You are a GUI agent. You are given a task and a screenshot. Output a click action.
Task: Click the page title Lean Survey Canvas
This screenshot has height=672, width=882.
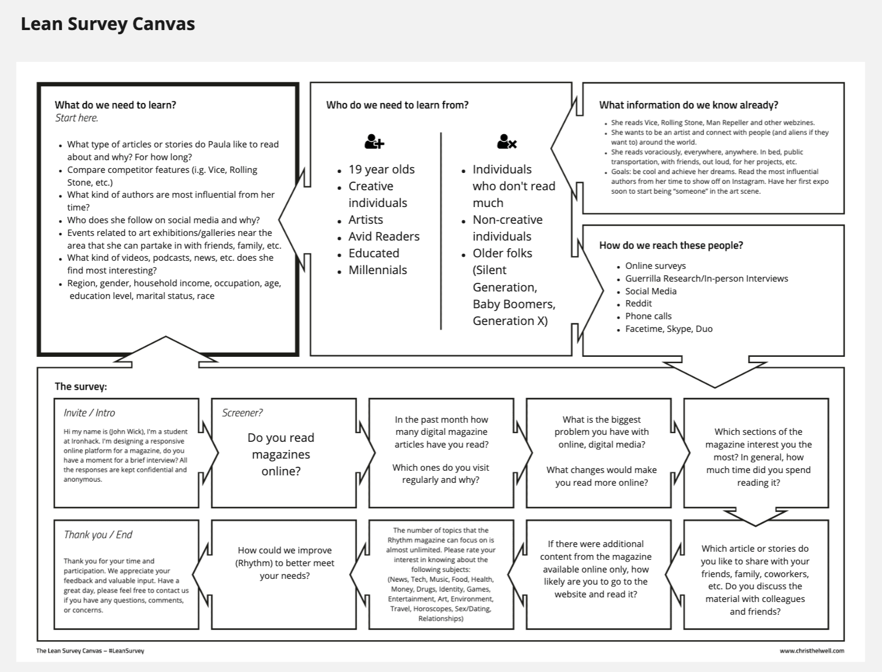coord(108,24)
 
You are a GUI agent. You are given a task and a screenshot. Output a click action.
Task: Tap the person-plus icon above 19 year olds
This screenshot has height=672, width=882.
coord(375,142)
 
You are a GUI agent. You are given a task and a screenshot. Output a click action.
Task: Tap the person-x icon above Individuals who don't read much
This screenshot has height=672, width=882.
coord(506,142)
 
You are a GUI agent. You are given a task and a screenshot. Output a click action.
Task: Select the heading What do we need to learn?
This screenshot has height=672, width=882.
coord(115,105)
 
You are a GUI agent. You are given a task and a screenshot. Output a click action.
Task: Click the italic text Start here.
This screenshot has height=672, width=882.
coord(76,118)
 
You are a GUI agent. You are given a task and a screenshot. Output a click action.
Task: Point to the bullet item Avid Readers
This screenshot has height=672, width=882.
coord(384,237)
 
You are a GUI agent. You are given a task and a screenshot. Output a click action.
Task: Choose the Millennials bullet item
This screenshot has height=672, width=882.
coord(377,270)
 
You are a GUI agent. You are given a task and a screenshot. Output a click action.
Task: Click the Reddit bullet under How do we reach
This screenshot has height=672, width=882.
coord(638,304)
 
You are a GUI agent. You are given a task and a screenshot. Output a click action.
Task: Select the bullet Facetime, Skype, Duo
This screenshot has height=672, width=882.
coord(669,329)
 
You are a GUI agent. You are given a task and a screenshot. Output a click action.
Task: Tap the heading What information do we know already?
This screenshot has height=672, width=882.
coord(688,105)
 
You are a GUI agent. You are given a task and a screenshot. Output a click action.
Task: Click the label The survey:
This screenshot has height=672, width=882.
coord(80,386)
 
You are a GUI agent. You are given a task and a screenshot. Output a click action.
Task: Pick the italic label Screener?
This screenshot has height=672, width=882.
coord(242,413)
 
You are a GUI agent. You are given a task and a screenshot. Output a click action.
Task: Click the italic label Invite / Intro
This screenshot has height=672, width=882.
coord(89,413)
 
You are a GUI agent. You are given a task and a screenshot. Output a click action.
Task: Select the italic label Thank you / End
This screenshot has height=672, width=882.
coord(98,535)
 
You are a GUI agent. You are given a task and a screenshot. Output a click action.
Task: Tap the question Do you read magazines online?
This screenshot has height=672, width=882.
coord(281,455)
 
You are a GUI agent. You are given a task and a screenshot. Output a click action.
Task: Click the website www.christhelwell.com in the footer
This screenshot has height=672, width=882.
coord(811,651)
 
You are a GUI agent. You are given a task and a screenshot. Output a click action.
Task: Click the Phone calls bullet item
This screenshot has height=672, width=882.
coord(648,316)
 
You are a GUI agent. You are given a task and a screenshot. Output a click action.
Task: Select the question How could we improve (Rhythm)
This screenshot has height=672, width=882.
coord(285,563)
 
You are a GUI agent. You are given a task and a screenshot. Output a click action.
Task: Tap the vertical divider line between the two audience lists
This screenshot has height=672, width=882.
coord(441,231)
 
